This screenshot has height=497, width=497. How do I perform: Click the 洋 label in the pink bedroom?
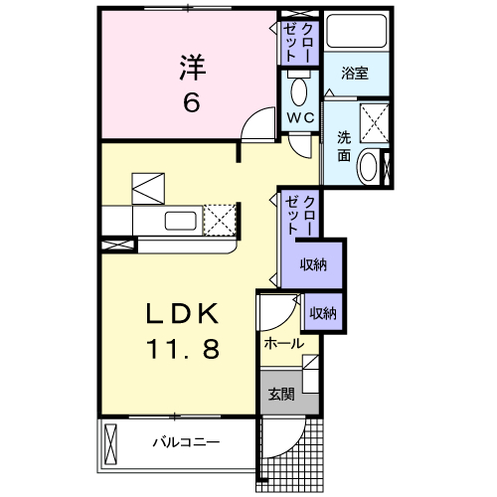pos(193,68)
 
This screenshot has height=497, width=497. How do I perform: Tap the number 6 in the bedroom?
pos(192,101)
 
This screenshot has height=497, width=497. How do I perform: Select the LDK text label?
pos(183,313)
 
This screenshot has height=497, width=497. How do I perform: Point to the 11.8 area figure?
pos(183,349)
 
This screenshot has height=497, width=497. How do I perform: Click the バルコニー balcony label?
pos(186,442)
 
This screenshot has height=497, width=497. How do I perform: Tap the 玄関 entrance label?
pos(281,394)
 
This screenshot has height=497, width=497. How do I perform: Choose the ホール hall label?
pos(284,344)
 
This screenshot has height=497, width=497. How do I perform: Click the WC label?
pos(300,117)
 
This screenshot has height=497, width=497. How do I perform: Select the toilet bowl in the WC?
pos(299,88)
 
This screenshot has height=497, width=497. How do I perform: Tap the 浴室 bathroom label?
pos(355,73)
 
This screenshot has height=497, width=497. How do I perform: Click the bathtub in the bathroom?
pos(357,31)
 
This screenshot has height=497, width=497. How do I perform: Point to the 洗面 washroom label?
pos(344,146)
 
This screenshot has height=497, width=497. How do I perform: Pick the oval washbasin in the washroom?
pos(369,167)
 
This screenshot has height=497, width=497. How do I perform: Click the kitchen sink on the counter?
pos(181,221)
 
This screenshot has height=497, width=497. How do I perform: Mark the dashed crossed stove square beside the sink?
pos(220,220)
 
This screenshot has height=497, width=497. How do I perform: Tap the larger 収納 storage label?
pos(313,264)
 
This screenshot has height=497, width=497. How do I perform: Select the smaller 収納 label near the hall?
pos(323,313)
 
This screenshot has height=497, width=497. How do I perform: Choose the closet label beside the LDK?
pos(300,216)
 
